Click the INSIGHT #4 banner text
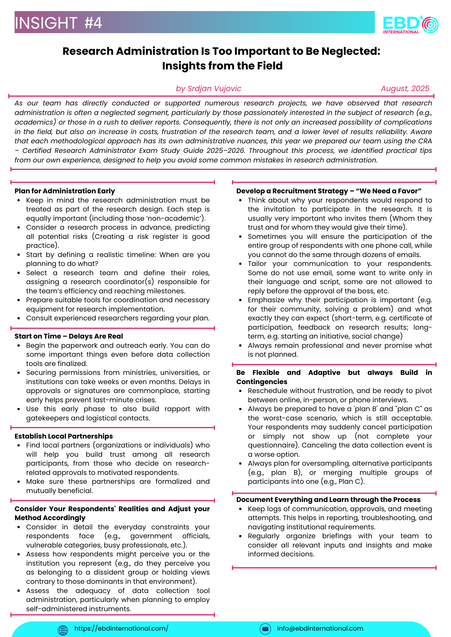coord(58,23)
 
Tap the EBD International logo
coord(410,24)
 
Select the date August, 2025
coord(405,89)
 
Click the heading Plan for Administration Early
coord(65,191)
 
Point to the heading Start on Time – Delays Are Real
coord(69,336)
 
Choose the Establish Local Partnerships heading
coord(64,436)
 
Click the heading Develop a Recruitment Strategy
coord(329,191)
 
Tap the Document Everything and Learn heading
coord(329,500)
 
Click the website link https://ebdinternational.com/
coord(121,628)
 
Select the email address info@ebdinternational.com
coord(320,628)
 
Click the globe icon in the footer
coord(63,630)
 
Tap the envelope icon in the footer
coord(265,629)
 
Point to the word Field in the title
coord(270,66)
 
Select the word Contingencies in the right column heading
coord(262,382)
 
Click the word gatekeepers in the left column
coord(48,418)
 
